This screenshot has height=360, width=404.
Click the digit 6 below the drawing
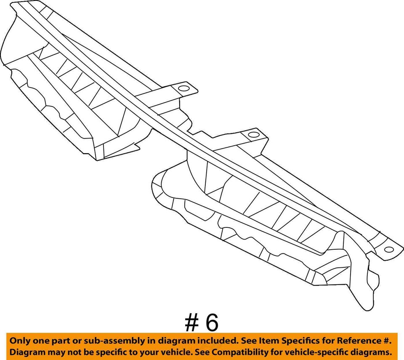point(212,323)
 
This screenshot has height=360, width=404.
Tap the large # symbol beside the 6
point(191,323)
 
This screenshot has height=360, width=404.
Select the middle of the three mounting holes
point(253,135)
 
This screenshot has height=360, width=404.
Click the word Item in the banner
point(255,340)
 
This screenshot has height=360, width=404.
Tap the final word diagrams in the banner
point(372,352)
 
